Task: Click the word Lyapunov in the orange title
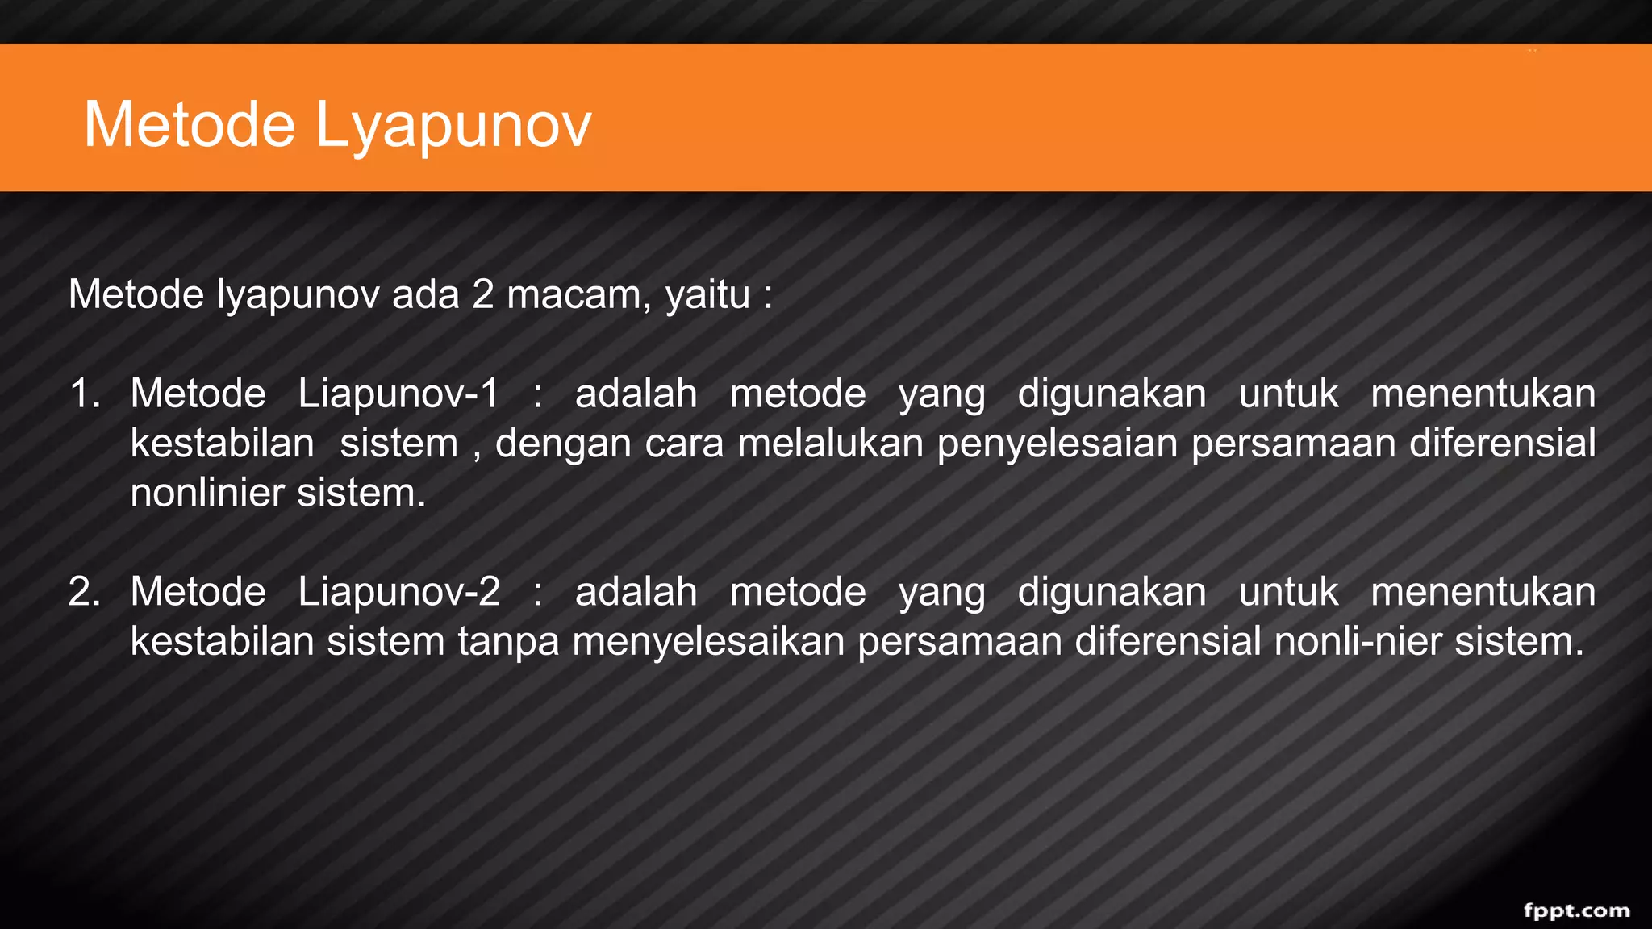click(x=453, y=126)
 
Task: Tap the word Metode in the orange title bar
click(x=190, y=126)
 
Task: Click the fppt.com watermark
click(x=1576, y=910)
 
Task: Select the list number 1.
click(x=84, y=394)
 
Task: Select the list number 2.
click(x=84, y=592)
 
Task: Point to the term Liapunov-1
click(x=398, y=394)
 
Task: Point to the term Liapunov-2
click(x=398, y=592)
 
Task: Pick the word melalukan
click(x=830, y=444)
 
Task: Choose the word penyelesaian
click(x=1057, y=444)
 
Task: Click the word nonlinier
click(x=206, y=494)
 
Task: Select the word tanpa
click(x=508, y=642)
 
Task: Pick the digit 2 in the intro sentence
click(x=482, y=295)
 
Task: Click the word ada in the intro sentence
click(x=425, y=295)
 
